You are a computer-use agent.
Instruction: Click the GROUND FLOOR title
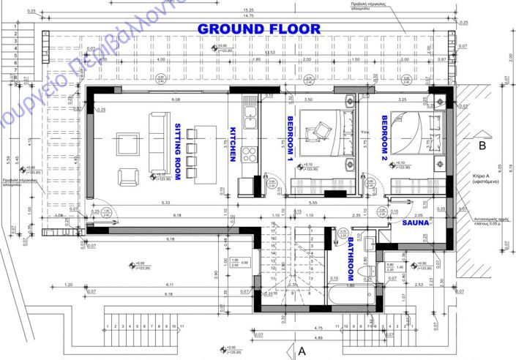(259, 29)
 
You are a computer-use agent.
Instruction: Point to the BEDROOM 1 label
(290, 139)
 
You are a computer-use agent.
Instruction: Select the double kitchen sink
(250, 117)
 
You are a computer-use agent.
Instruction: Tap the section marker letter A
(301, 351)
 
